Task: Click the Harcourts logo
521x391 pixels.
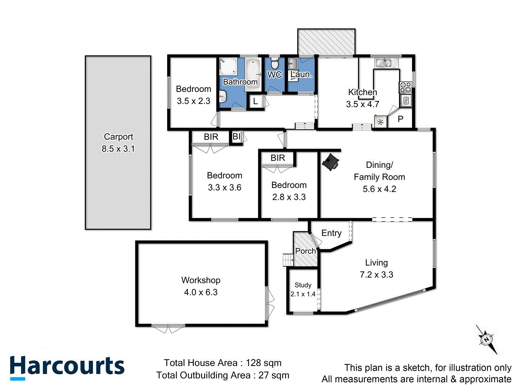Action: click(x=67, y=367)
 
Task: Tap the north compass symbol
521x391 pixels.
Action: click(x=486, y=340)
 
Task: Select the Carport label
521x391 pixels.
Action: click(x=118, y=137)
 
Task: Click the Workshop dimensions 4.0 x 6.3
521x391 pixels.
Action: click(x=201, y=292)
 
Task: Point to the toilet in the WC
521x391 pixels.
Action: click(x=275, y=64)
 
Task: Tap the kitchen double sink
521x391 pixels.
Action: click(x=383, y=63)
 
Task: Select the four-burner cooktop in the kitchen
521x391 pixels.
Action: click(x=405, y=87)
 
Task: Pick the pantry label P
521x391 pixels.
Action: click(x=401, y=119)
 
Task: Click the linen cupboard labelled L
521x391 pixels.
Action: click(x=255, y=101)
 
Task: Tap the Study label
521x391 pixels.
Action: click(x=303, y=285)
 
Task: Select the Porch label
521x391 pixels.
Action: click(x=305, y=251)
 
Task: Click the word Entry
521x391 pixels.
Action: click(x=331, y=233)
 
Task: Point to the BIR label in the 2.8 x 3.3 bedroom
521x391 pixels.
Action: click(x=278, y=158)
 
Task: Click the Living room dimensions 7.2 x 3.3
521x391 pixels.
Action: click(x=376, y=275)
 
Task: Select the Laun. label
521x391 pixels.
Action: click(x=301, y=75)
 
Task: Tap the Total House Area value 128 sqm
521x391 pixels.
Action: click(x=263, y=363)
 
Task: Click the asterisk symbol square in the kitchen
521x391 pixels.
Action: click(x=380, y=122)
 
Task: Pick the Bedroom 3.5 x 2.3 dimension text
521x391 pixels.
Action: click(x=194, y=101)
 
